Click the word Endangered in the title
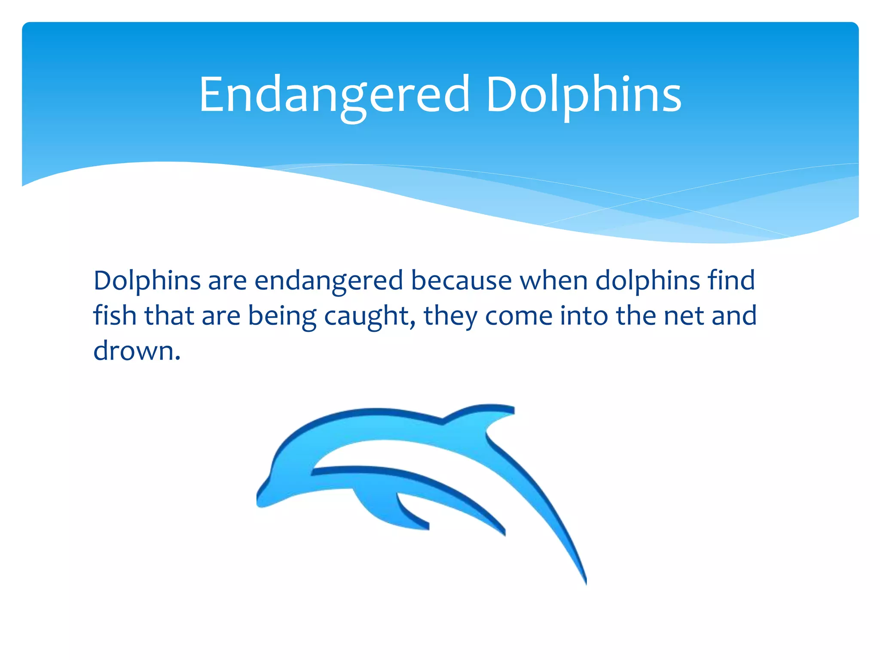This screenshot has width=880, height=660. click(x=334, y=95)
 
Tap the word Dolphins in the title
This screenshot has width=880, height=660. click(x=583, y=95)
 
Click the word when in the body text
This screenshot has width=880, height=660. click(x=553, y=281)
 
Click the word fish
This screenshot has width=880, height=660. click(x=115, y=316)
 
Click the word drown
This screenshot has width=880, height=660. click(x=133, y=351)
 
